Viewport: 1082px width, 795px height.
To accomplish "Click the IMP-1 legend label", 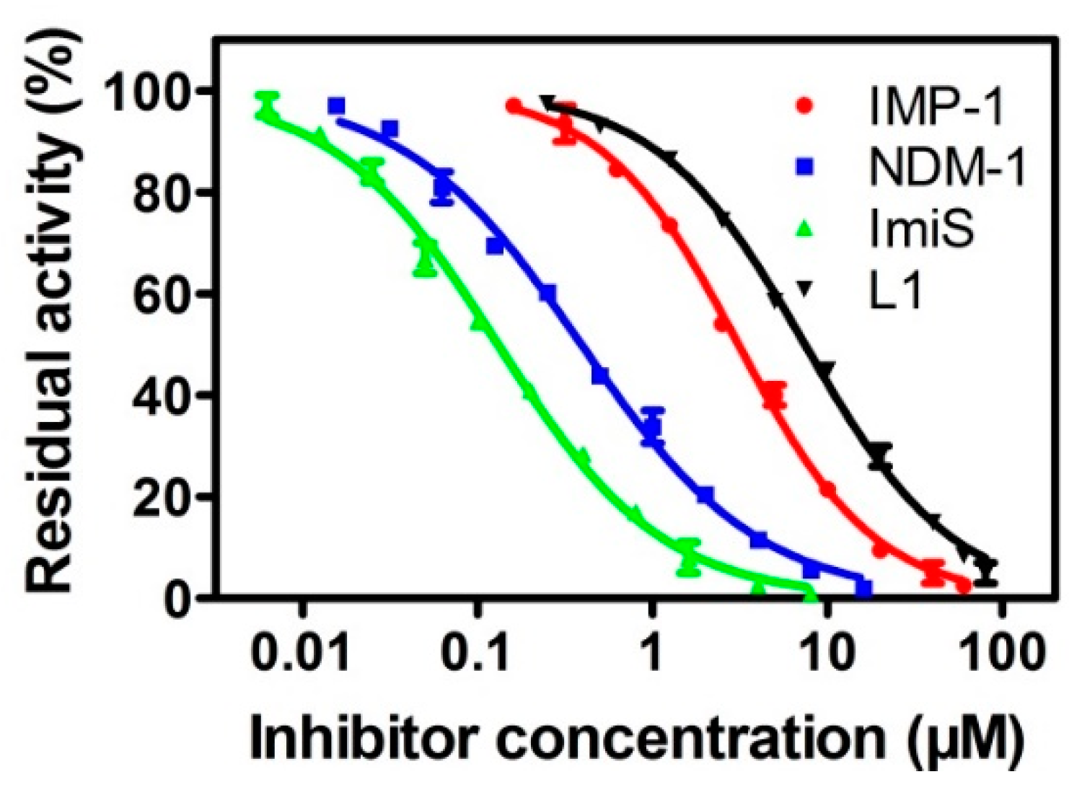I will (936, 107).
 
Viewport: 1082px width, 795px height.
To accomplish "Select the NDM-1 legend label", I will (947, 167).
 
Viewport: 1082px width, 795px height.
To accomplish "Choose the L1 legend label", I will (895, 290).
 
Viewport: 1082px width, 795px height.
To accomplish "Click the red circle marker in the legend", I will (804, 106).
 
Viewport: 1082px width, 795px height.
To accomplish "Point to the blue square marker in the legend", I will (804, 167).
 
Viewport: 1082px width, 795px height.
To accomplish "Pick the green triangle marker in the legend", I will (804, 229).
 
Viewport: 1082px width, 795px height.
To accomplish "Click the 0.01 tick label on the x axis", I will (300, 654).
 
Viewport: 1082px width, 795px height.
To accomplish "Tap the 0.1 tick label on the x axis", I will (476, 654).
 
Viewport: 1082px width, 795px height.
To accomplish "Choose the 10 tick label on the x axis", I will (827, 654).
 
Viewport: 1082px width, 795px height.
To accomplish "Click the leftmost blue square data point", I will (336, 107).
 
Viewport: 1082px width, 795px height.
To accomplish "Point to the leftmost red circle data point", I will (514, 106).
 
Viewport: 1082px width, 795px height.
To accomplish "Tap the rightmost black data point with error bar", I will (986, 570).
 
